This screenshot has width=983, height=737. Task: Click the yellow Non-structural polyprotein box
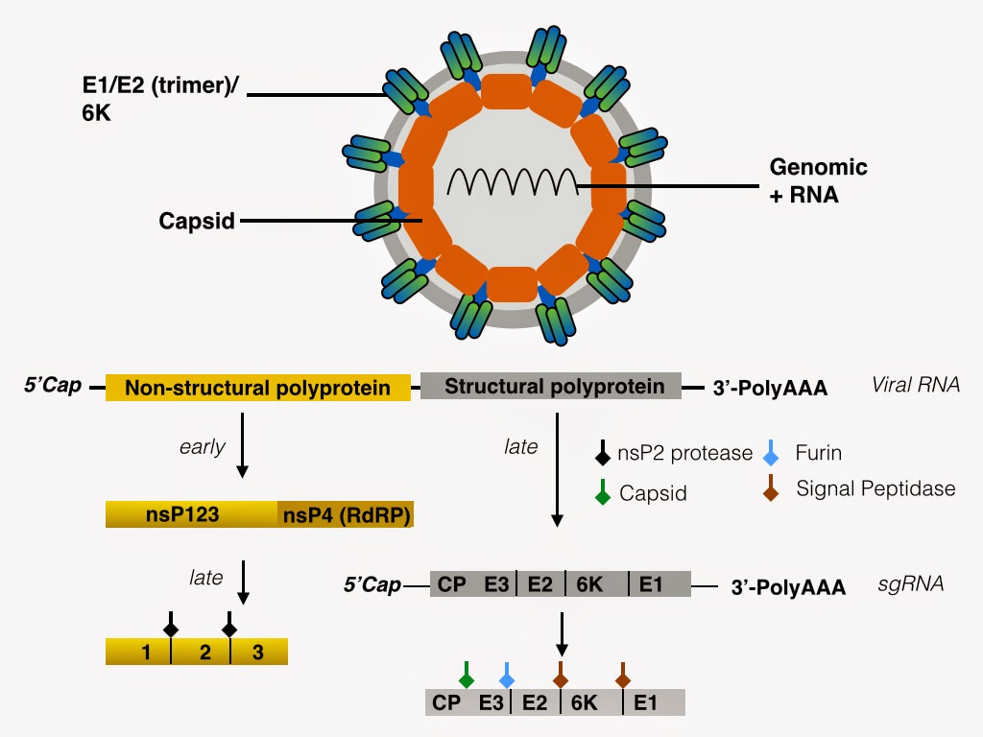(257, 388)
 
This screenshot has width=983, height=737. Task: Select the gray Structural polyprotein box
(551, 387)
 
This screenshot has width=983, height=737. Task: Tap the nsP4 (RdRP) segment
(346, 514)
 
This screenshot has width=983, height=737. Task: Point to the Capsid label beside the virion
(197, 222)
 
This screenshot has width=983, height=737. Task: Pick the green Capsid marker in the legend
(602, 493)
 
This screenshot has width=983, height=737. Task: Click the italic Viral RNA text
(915, 386)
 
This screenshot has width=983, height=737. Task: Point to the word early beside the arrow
(202, 446)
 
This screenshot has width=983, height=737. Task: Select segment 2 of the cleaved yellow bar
(204, 653)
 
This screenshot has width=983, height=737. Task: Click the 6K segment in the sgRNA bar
(588, 583)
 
